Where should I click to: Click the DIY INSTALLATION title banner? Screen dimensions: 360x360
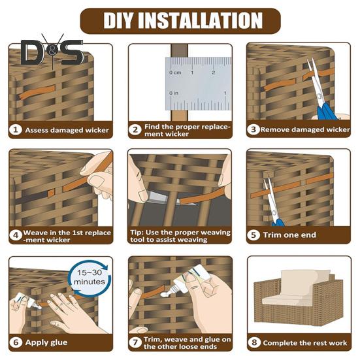[x=180, y=21]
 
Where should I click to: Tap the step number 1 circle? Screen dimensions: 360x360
[x=16, y=130]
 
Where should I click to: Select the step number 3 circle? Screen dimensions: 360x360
[x=254, y=129]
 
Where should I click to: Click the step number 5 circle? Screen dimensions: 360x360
[x=254, y=235]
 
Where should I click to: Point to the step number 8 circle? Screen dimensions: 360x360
[x=254, y=342]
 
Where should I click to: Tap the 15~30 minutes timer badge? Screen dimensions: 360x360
[x=90, y=277]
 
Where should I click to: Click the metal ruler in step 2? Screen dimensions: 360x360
[x=198, y=84]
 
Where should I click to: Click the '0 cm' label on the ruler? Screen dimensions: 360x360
[x=175, y=73]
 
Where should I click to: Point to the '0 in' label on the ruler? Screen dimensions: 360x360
[x=174, y=93]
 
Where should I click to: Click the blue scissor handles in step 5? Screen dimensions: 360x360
[x=278, y=222]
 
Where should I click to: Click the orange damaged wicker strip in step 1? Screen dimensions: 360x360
[x=37, y=91]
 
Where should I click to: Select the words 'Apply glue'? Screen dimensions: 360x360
[x=46, y=342]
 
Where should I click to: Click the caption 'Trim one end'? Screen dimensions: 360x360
[x=289, y=235]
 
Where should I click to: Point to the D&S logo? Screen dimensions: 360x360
[x=52, y=52]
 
